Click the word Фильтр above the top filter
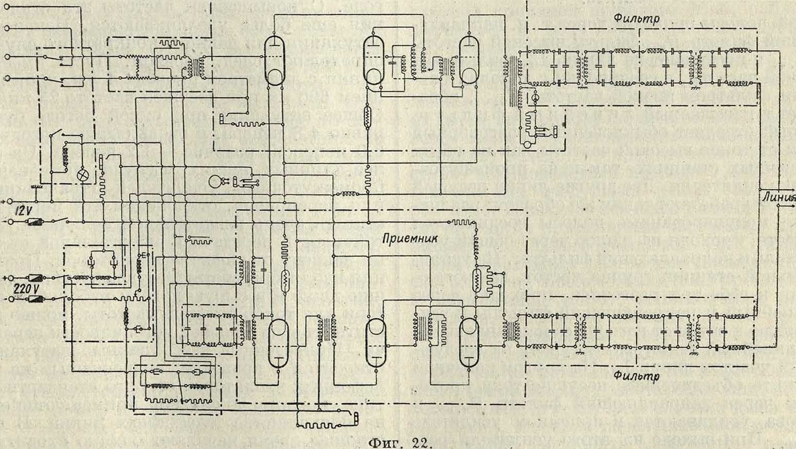pyautogui.click(x=636, y=18)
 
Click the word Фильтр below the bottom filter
pyautogui.click(x=636, y=376)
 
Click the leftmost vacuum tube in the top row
pyautogui.click(x=276, y=61)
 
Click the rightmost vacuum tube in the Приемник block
pyautogui.click(x=469, y=342)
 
